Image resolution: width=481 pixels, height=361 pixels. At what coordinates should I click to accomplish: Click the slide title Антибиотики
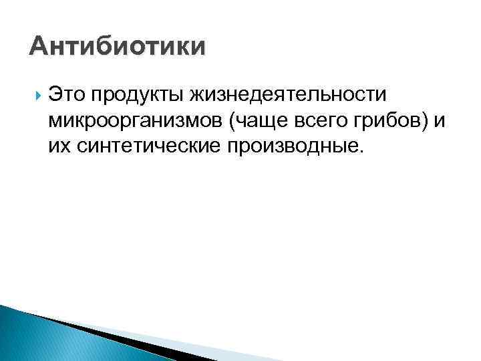118,47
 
